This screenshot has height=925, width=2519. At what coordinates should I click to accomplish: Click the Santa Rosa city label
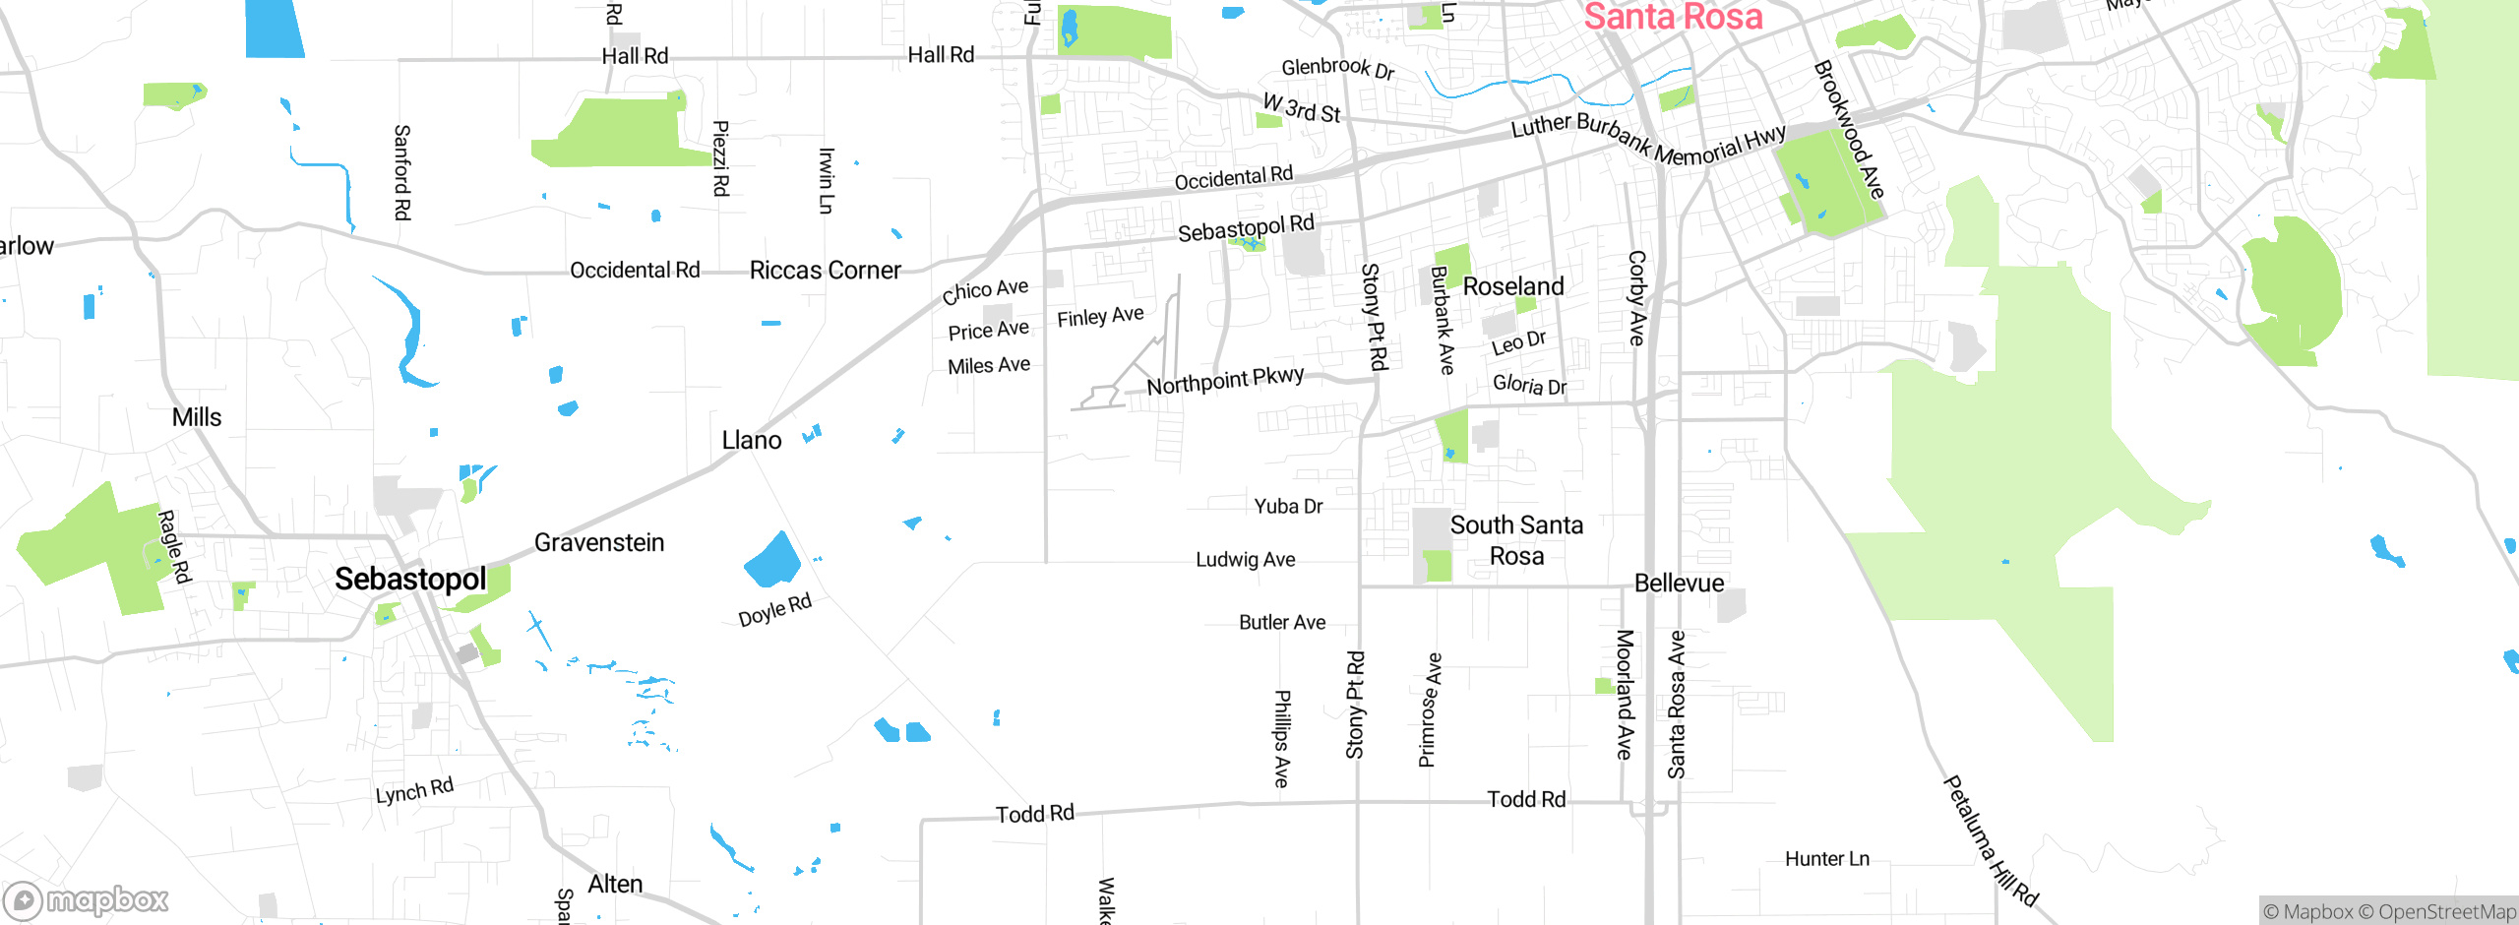point(1673,17)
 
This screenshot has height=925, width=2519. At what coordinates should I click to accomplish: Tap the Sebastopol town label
point(410,579)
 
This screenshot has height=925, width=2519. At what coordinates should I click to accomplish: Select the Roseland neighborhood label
point(1513,286)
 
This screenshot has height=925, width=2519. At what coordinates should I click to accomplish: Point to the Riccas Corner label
point(825,271)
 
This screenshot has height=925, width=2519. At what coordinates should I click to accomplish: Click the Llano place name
point(752,440)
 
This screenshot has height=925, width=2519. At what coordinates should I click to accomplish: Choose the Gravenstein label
point(599,542)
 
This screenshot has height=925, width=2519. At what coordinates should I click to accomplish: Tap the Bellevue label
point(1679,584)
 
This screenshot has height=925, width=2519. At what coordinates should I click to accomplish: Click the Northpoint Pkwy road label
point(1225,380)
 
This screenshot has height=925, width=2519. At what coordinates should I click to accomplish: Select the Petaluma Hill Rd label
point(1990,841)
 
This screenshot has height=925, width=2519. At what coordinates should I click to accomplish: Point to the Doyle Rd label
point(775,610)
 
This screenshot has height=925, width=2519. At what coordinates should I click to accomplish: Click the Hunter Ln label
point(1827,859)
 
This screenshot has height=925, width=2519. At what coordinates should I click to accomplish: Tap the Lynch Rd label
point(414,790)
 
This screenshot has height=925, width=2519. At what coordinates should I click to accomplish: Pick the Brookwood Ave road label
point(1849,129)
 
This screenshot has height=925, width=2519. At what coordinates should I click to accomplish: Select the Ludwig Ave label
point(1245,560)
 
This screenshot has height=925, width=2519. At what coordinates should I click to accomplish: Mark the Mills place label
point(197,417)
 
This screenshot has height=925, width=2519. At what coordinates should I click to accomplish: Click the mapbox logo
point(87,900)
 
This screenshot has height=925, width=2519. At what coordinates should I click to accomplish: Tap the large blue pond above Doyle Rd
point(773,562)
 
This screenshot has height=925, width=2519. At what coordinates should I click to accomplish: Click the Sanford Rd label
point(402,172)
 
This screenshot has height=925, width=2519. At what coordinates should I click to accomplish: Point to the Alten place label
point(615,885)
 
